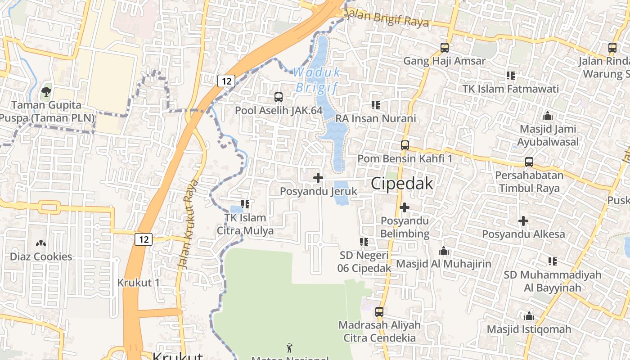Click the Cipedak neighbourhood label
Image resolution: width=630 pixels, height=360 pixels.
tap(402, 184)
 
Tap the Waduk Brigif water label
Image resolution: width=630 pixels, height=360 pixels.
tap(317, 80)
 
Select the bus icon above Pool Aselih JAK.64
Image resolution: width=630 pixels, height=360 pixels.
tap(279, 97)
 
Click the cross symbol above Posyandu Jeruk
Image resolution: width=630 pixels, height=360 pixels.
tap(318, 178)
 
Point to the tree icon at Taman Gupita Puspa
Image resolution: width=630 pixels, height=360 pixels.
tap(45, 92)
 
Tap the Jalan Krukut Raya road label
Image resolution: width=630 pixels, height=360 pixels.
tap(189, 224)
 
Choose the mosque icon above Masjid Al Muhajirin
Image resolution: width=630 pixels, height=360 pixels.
tap(444, 251)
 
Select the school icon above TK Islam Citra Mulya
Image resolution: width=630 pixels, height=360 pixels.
tap(245, 204)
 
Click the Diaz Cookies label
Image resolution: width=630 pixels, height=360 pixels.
tap(41, 256)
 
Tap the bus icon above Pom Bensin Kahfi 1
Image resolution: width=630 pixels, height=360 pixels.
tap(405, 145)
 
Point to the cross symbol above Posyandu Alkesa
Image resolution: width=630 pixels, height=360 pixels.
tap(523, 221)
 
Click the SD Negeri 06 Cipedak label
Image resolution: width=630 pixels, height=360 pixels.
tap(364, 261)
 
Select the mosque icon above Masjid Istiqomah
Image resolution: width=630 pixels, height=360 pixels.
tap(529, 316)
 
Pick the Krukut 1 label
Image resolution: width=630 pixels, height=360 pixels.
tap(139, 283)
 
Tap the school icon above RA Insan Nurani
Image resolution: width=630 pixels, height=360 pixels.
tap(376, 105)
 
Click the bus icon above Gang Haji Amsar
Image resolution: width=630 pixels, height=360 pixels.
tap(445, 47)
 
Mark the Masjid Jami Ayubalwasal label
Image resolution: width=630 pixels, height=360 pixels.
tap(548, 135)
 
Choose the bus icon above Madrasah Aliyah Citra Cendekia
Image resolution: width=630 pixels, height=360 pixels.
tap(379, 311)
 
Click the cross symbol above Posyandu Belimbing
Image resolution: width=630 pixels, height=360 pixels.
tap(405, 207)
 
